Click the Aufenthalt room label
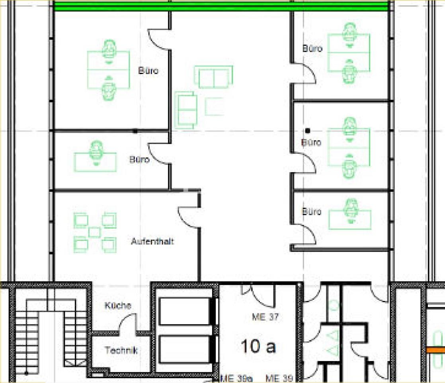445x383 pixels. coord(152,241)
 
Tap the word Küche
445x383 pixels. coord(118,306)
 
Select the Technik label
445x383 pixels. coord(121,350)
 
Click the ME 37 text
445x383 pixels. coord(265,317)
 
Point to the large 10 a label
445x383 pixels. coord(258,346)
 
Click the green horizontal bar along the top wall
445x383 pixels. coord(221,7)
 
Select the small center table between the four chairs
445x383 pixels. coord(95,232)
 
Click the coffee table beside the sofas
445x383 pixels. coord(215,106)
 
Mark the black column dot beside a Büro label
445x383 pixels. coord(307,130)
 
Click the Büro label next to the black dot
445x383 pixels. coord(311,142)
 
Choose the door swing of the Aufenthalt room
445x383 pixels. coord(188,217)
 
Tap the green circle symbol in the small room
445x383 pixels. coord(334,305)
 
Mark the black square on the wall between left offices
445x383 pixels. coord(135,131)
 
